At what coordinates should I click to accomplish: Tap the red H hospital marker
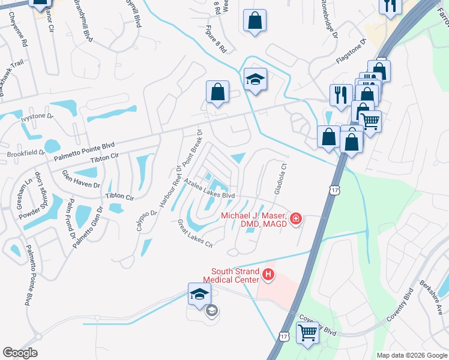(268, 275)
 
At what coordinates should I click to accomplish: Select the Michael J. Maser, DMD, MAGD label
(254, 220)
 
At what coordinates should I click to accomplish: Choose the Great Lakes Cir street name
(195, 233)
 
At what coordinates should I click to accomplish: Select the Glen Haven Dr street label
(81, 179)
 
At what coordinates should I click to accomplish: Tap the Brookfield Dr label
(26, 154)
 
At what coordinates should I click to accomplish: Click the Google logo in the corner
(20, 353)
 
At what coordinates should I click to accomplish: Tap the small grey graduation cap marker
(211, 310)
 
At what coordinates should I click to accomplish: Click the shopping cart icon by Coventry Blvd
(308, 332)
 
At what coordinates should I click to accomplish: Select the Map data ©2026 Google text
(411, 355)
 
